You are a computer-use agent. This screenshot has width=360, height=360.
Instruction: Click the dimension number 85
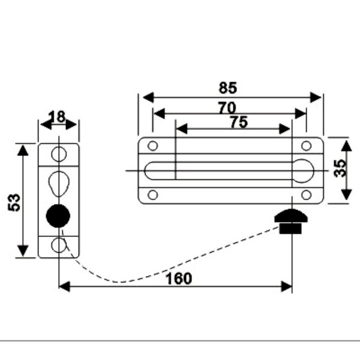coord(228,88)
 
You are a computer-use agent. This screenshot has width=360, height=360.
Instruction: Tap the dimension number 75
coord(238,122)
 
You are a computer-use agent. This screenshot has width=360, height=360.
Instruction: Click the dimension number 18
coord(58,116)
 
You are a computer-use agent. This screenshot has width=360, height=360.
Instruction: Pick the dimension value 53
coord(14,202)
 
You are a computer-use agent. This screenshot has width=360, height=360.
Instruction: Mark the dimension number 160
coord(179,278)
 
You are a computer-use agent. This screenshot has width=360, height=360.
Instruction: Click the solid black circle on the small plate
coord(58,215)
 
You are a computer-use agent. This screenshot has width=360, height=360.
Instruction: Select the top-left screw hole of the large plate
coord(152,146)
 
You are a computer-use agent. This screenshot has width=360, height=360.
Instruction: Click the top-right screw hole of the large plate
coord(306,146)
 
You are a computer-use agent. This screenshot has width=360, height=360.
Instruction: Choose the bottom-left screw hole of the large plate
coord(152,195)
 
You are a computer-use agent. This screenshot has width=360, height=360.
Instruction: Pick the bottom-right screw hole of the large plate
coord(306,195)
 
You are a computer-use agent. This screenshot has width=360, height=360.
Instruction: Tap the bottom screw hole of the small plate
coord(59,245)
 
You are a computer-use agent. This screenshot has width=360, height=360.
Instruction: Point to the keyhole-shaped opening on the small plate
coord(59,182)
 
